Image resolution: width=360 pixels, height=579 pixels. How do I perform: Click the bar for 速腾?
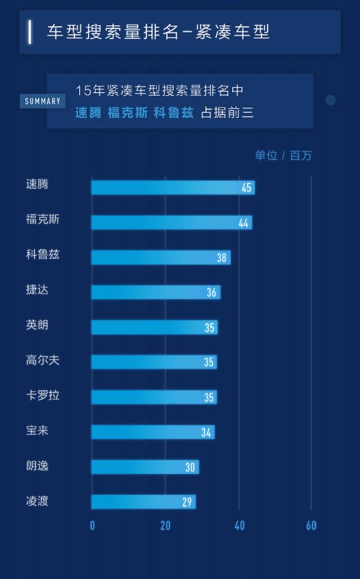point(173,187)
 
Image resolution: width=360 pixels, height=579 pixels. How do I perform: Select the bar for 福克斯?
point(172,222)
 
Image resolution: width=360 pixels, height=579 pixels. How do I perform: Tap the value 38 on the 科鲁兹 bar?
point(222,258)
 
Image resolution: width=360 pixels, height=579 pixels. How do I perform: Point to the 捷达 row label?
point(37,290)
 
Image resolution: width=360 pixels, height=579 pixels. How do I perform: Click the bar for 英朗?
point(154,327)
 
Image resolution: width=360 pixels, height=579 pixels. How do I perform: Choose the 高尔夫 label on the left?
point(42,361)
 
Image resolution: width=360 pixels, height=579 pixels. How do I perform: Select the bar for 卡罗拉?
point(154,397)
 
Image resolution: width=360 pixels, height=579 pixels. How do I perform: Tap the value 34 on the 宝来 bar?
point(206,433)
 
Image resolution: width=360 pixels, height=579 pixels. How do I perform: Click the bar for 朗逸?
point(145,467)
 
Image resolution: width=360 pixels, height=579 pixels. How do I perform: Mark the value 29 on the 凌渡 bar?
point(187,502)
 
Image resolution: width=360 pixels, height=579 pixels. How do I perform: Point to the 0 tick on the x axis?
point(92,526)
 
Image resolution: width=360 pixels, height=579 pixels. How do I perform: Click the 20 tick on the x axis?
point(165,526)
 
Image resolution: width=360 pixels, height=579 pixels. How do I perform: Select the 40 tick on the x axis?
point(239,526)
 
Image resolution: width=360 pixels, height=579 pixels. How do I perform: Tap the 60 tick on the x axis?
point(311,526)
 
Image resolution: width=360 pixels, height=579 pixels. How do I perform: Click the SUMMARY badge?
point(43,101)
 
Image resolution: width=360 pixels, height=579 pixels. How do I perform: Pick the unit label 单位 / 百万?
point(283,156)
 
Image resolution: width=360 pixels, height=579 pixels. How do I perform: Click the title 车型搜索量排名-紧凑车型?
point(158,32)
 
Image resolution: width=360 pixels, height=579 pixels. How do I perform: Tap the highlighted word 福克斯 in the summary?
point(128,113)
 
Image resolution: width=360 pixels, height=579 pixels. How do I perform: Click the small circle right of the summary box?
point(331,100)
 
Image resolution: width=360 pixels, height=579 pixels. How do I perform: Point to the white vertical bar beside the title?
point(30,32)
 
